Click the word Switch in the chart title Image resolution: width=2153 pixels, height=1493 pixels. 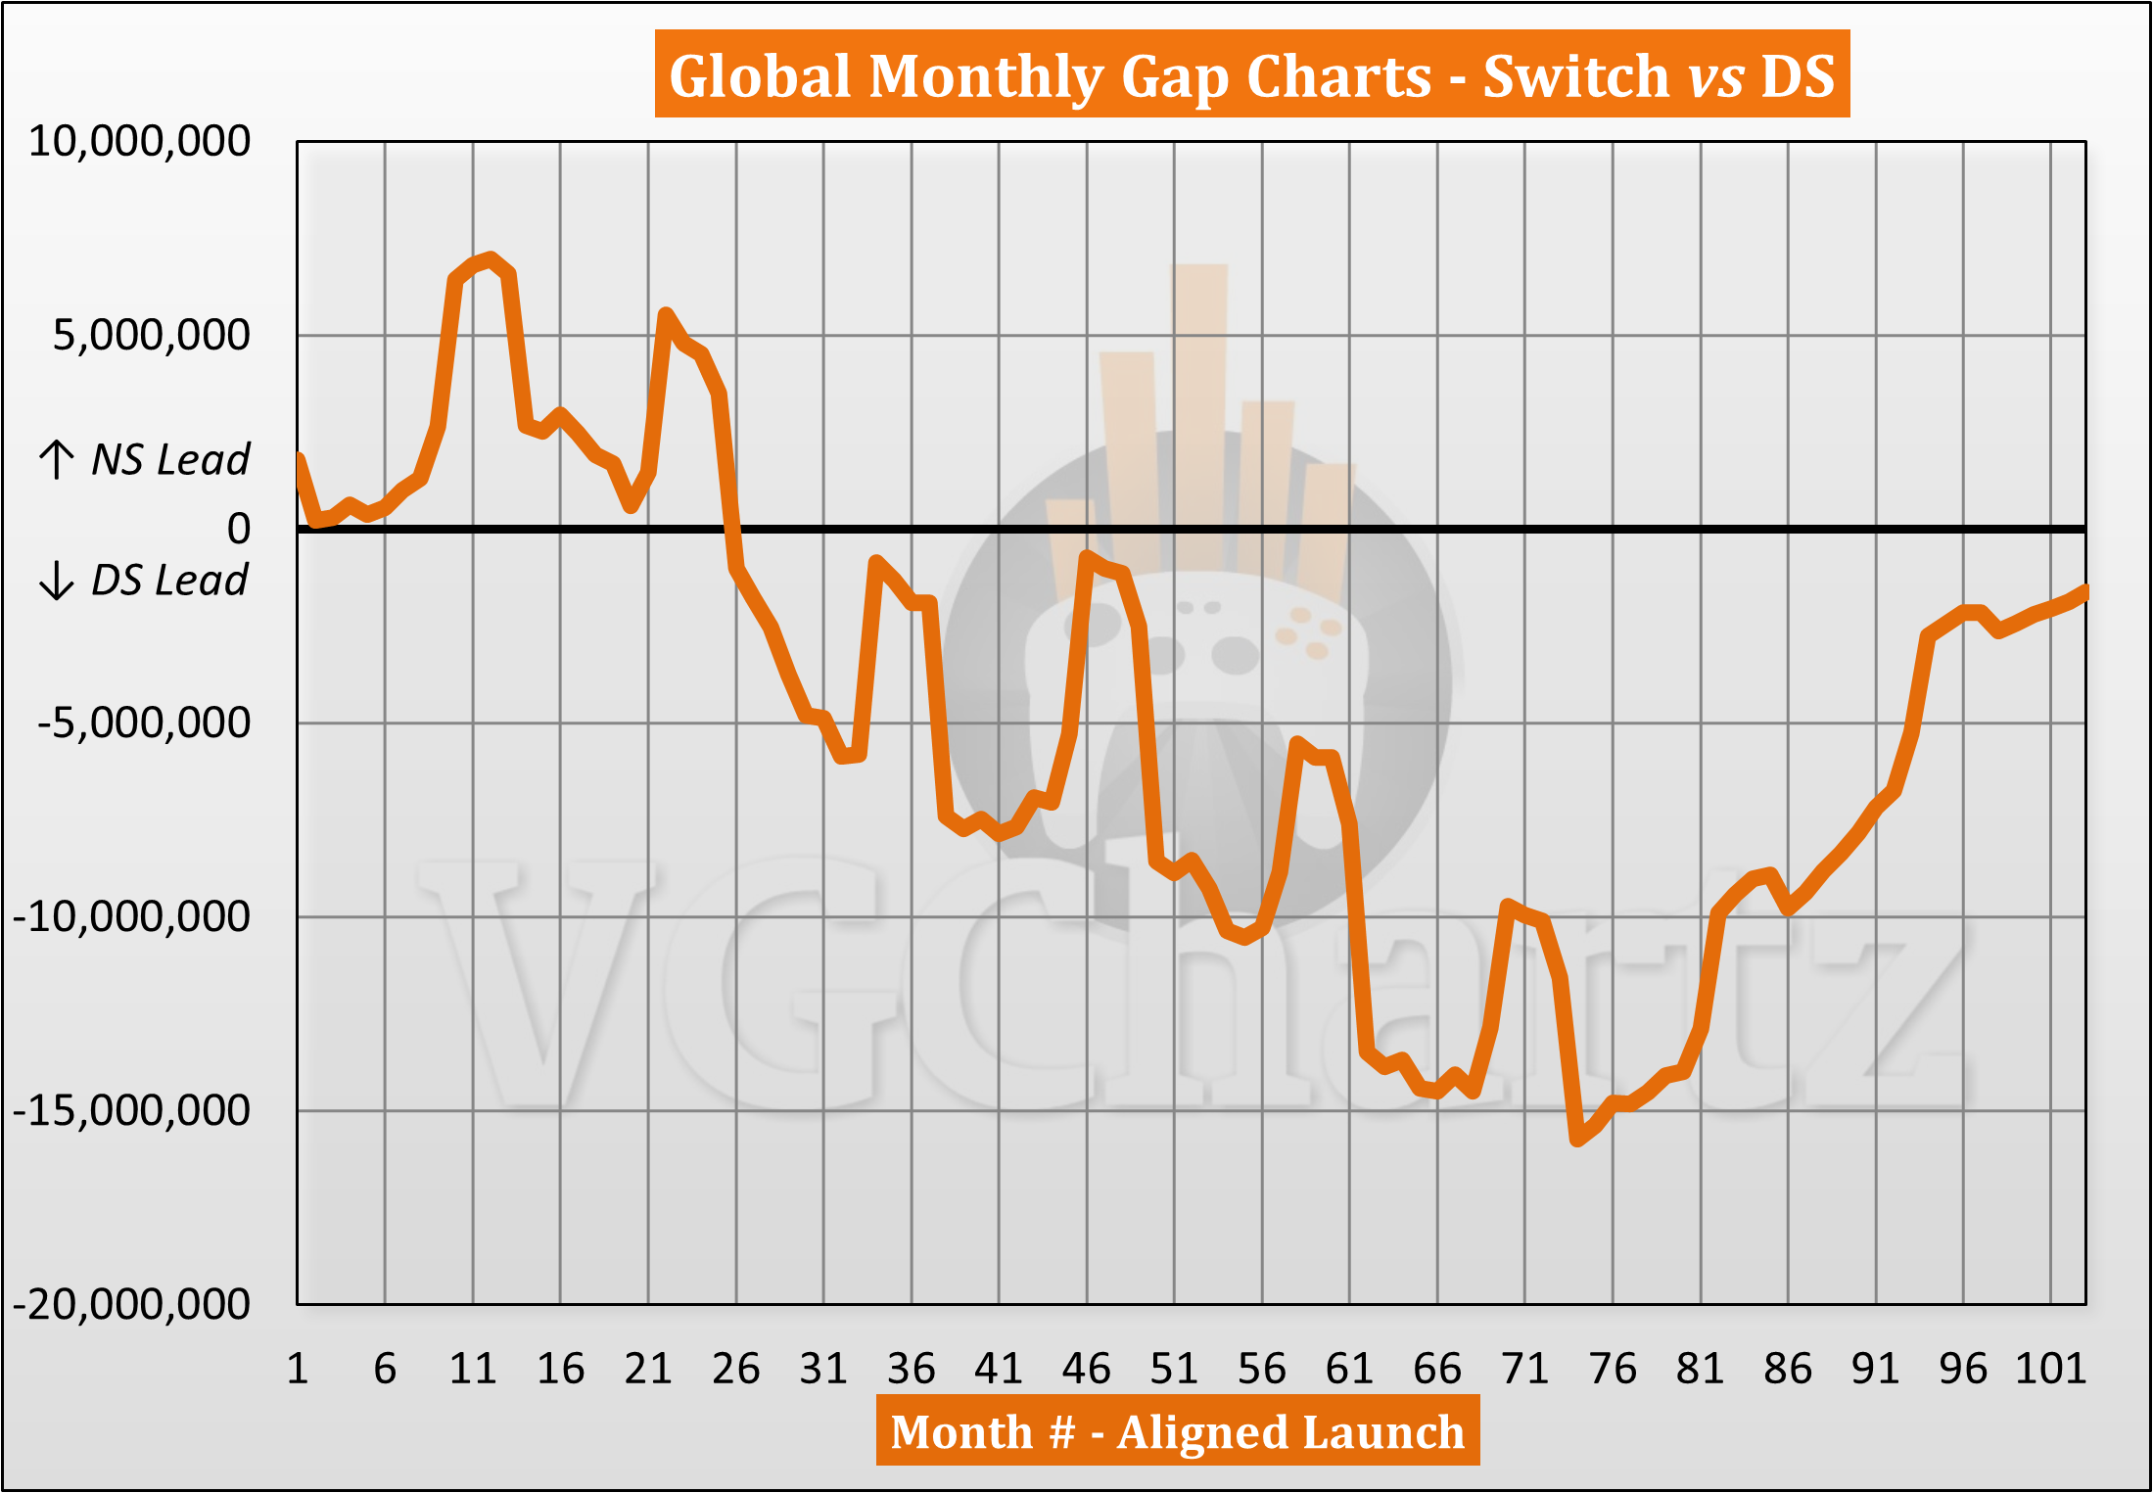click(1575, 76)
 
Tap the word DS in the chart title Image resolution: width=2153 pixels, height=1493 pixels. click(1798, 76)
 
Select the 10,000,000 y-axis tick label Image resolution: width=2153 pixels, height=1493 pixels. click(139, 142)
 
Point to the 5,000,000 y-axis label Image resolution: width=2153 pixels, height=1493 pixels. click(151, 336)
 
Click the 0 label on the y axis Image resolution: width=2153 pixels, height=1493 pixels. click(239, 530)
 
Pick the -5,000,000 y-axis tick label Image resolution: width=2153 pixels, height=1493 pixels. click(144, 723)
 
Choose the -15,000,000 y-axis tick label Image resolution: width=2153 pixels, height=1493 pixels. click(131, 1111)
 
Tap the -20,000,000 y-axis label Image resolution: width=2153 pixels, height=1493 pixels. click(131, 1305)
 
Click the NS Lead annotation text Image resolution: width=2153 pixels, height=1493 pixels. click(170, 459)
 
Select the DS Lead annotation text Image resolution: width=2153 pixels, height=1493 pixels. click(169, 581)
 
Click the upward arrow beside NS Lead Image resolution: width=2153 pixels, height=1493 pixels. click(57, 459)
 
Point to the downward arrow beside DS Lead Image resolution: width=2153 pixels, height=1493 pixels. click(57, 581)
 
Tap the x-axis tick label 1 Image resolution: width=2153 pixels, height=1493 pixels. click(298, 1369)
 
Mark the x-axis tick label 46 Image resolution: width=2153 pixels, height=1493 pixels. click(1086, 1369)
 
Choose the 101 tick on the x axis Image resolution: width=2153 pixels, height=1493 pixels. click(2050, 1369)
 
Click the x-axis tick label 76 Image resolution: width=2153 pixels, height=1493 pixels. click(1613, 1369)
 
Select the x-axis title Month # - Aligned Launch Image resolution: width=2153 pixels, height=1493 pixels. click(1177, 1432)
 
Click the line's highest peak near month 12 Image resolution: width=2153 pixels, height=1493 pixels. click(491, 258)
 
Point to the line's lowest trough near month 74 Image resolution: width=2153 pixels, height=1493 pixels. click(1577, 1140)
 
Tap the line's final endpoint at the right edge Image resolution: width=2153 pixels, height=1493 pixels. click(2084, 591)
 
